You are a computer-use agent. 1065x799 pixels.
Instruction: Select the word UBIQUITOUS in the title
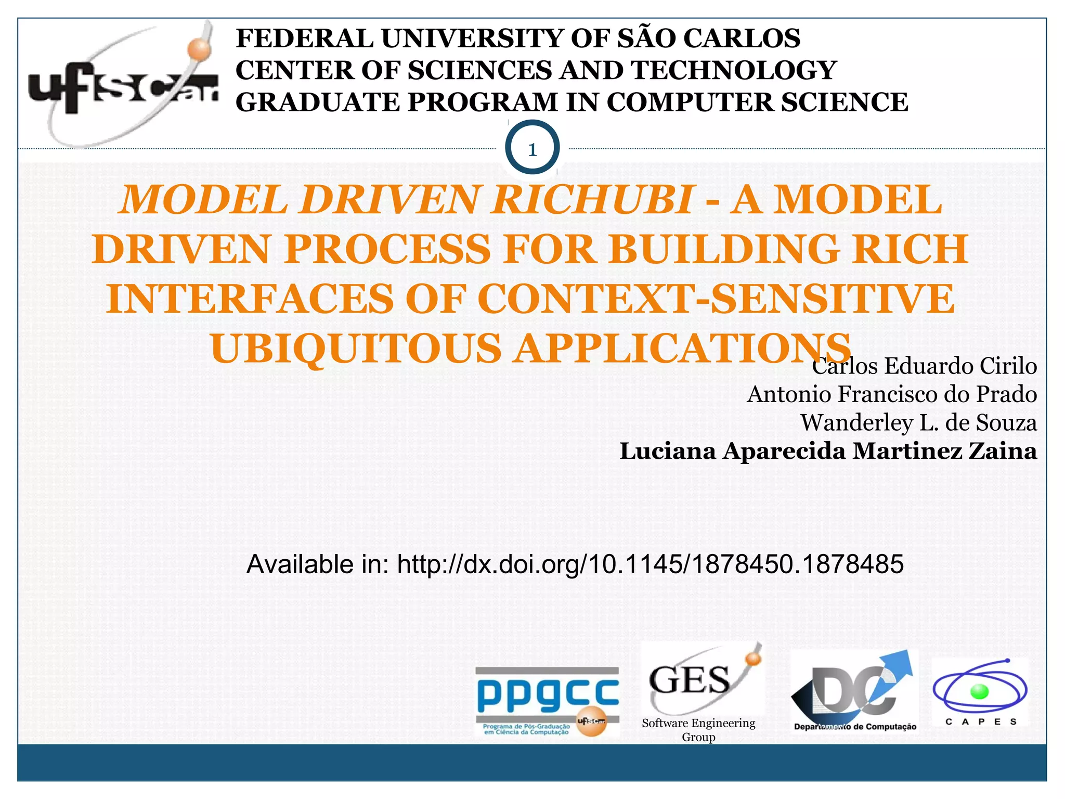[x=356, y=348]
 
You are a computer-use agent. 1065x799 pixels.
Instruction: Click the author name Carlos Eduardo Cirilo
[x=924, y=366]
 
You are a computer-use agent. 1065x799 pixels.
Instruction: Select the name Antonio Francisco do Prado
[x=892, y=394]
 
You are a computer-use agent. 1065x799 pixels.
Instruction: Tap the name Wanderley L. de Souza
[x=918, y=422]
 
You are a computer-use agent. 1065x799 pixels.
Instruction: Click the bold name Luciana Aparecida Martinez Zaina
[x=828, y=450]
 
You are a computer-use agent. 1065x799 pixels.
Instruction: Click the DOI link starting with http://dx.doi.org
[x=650, y=564]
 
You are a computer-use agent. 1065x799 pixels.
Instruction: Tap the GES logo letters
[x=690, y=680]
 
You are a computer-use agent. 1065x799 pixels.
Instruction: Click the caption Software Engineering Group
[x=698, y=730]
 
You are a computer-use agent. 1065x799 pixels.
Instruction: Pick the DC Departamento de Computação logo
[x=854, y=692]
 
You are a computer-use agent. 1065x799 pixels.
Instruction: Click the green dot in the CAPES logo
[x=979, y=691]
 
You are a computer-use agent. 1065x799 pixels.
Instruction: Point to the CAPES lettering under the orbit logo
[x=981, y=722]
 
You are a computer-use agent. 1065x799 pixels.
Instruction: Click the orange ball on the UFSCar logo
[x=200, y=49]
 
